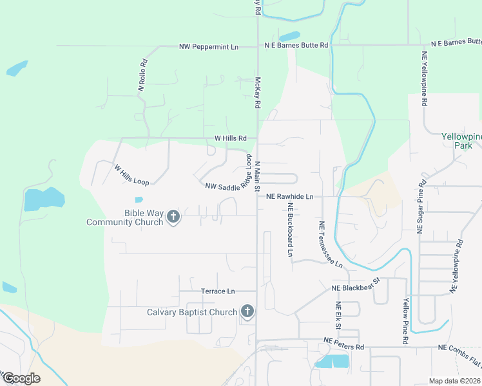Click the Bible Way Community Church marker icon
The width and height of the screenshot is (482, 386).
click(x=173, y=217)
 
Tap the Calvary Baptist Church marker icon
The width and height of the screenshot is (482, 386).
click(x=246, y=313)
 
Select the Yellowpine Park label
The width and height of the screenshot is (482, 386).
click(x=461, y=141)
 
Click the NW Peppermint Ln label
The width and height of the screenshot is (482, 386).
click(x=208, y=47)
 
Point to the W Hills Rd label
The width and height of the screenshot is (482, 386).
click(x=231, y=138)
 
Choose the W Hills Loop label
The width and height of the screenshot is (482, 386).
click(x=131, y=174)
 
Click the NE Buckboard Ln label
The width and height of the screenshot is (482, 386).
click(x=291, y=230)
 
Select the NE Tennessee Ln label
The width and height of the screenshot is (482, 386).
click(x=330, y=245)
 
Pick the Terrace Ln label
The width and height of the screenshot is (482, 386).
click(x=218, y=291)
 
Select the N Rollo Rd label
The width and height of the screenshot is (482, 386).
click(x=143, y=76)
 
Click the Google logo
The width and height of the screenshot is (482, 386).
click(x=21, y=378)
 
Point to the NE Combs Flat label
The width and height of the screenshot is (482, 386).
click(x=459, y=347)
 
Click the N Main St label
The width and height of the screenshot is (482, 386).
click(x=257, y=176)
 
